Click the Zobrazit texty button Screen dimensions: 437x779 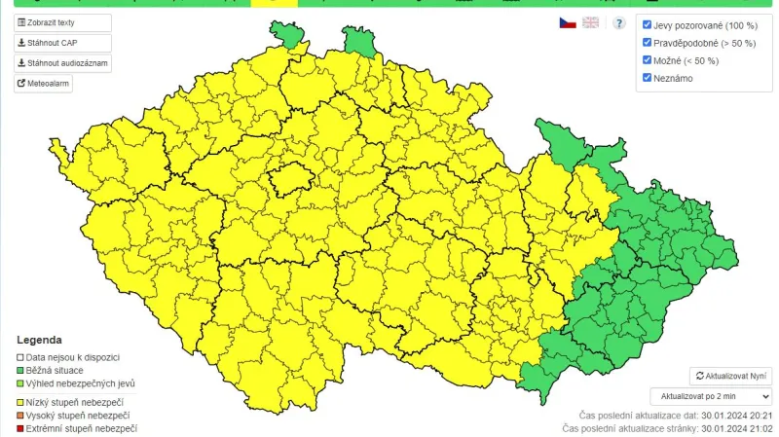click(62, 22)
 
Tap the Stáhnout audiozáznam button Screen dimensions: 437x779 click(62, 63)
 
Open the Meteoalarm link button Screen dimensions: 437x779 click(44, 84)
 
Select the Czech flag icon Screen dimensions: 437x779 click(567, 22)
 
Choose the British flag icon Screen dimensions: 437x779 click(591, 22)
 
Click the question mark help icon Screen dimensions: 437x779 click(618, 22)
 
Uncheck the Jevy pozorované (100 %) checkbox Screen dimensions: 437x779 click(648, 25)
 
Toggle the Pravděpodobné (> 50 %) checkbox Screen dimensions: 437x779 click(648, 43)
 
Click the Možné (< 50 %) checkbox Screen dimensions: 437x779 click(648, 60)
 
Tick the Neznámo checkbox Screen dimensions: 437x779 click(648, 78)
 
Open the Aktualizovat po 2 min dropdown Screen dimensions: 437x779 click(711, 396)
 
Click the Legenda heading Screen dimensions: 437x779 click(39, 341)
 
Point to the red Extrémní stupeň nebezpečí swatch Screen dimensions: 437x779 click(19, 428)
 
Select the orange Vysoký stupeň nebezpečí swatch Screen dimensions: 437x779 click(19, 416)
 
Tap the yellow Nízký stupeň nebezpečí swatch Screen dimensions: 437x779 click(19, 402)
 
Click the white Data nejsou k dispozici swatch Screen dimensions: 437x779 click(19, 357)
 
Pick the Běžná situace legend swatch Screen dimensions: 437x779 click(19, 370)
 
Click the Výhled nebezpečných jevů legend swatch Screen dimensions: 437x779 click(19, 383)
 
